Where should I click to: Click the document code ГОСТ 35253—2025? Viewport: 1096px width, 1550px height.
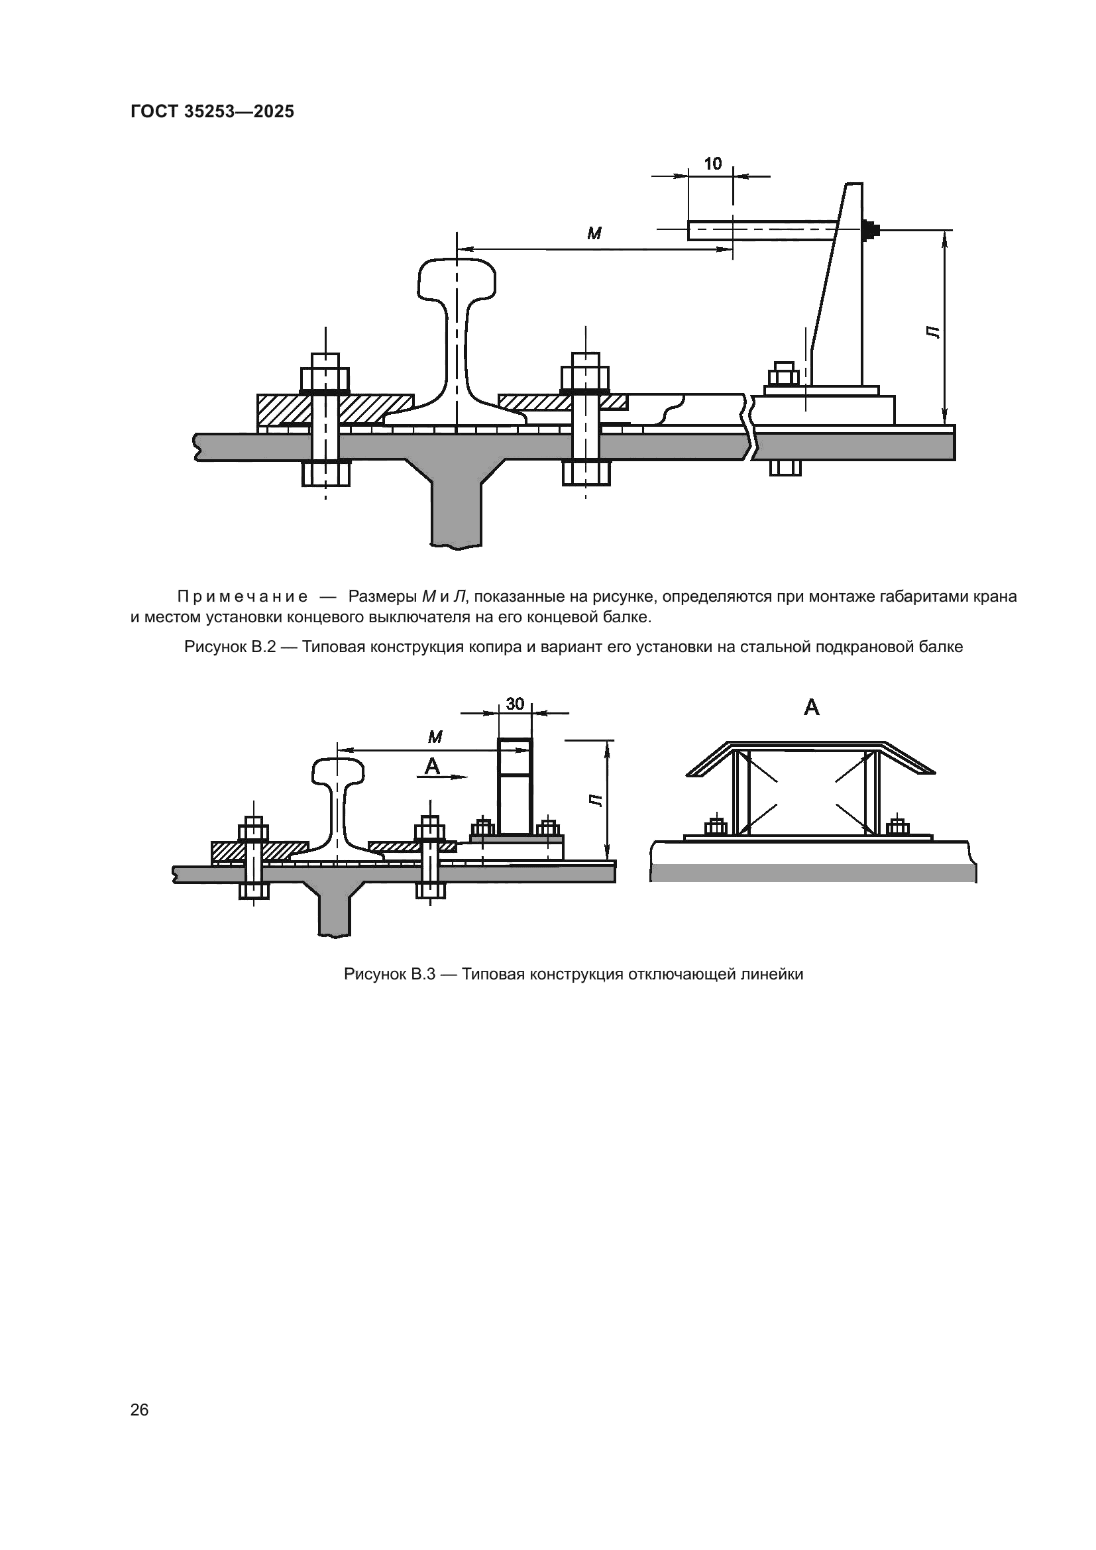coord(212,111)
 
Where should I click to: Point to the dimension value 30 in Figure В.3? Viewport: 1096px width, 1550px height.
coord(515,704)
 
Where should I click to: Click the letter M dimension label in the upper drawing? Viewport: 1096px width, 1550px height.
coord(594,234)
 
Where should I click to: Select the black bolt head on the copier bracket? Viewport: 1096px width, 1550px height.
coord(871,230)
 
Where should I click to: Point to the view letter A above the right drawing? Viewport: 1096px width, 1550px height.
coord(811,708)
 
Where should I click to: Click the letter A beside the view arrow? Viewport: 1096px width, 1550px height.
coord(431,765)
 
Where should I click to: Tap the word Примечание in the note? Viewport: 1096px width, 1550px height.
coord(243,597)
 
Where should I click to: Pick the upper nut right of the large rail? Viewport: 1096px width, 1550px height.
coord(585,378)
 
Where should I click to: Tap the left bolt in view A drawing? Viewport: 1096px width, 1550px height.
coord(716,827)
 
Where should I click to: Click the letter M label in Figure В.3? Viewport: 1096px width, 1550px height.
coord(435,737)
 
